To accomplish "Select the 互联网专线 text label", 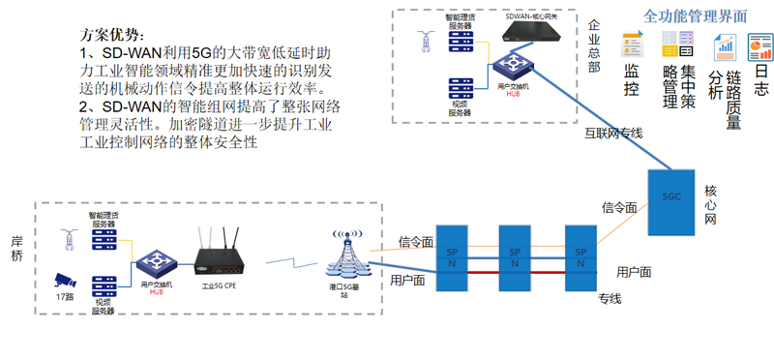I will (x=613, y=134).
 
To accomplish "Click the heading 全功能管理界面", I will (x=697, y=16).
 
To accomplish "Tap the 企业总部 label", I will (x=593, y=46).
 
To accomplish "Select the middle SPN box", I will (x=514, y=257).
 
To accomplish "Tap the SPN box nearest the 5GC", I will (x=580, y=257).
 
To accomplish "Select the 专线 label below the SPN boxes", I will (x=609, y=298).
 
